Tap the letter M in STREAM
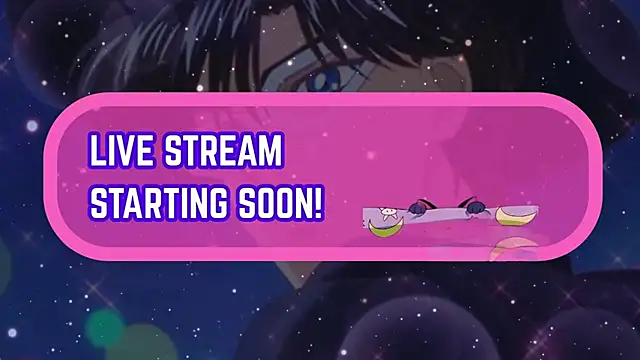pos(271,151)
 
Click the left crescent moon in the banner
pos(382,228)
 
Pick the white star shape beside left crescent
pos(385,212)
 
